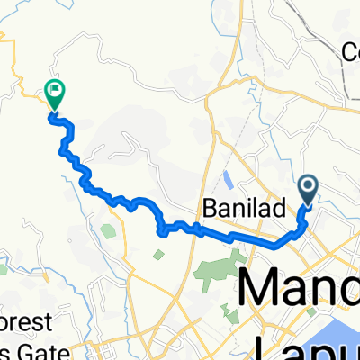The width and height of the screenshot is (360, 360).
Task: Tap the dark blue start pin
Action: [307, 189]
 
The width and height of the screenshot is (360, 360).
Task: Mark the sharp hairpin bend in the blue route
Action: [162, 232]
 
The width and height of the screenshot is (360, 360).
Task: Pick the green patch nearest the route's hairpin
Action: [158, 255]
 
